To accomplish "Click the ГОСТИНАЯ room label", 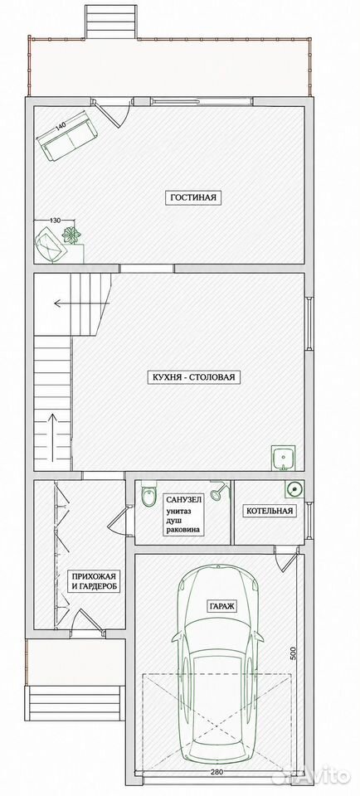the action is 194,197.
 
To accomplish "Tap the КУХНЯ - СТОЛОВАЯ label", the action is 193,378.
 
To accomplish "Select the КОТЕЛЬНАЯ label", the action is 270,511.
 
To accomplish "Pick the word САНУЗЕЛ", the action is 183,499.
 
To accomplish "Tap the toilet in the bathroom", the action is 148,496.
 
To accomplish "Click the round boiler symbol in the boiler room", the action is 293,489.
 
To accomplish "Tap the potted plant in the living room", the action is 71,235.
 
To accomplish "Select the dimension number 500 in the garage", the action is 293,653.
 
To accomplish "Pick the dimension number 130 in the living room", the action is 55,220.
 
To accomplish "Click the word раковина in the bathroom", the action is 182,530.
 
